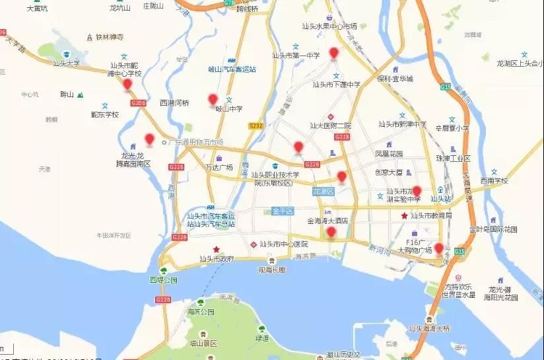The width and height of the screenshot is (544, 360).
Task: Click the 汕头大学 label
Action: (66, 63)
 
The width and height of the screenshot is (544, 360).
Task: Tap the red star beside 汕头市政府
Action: (216, 250)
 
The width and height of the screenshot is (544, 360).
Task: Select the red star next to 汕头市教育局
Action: (404, 216)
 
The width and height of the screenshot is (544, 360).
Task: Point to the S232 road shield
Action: (255, 125)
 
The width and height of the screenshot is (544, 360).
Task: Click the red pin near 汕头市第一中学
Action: (334, 54)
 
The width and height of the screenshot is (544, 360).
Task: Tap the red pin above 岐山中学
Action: (213, 100)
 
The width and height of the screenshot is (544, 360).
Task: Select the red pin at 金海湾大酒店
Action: (331, 233)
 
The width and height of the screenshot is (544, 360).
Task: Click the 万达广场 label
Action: (219, 167)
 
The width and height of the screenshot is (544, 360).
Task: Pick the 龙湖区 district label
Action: (323, 191)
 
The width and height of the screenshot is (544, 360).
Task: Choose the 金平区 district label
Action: (281, 211)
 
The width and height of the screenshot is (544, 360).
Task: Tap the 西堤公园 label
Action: (164, 280)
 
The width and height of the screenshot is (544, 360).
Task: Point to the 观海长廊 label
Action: (272, 270)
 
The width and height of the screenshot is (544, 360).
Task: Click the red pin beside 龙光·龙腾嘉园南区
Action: (150, 139)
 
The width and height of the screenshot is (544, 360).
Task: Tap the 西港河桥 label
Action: (174, 103)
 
